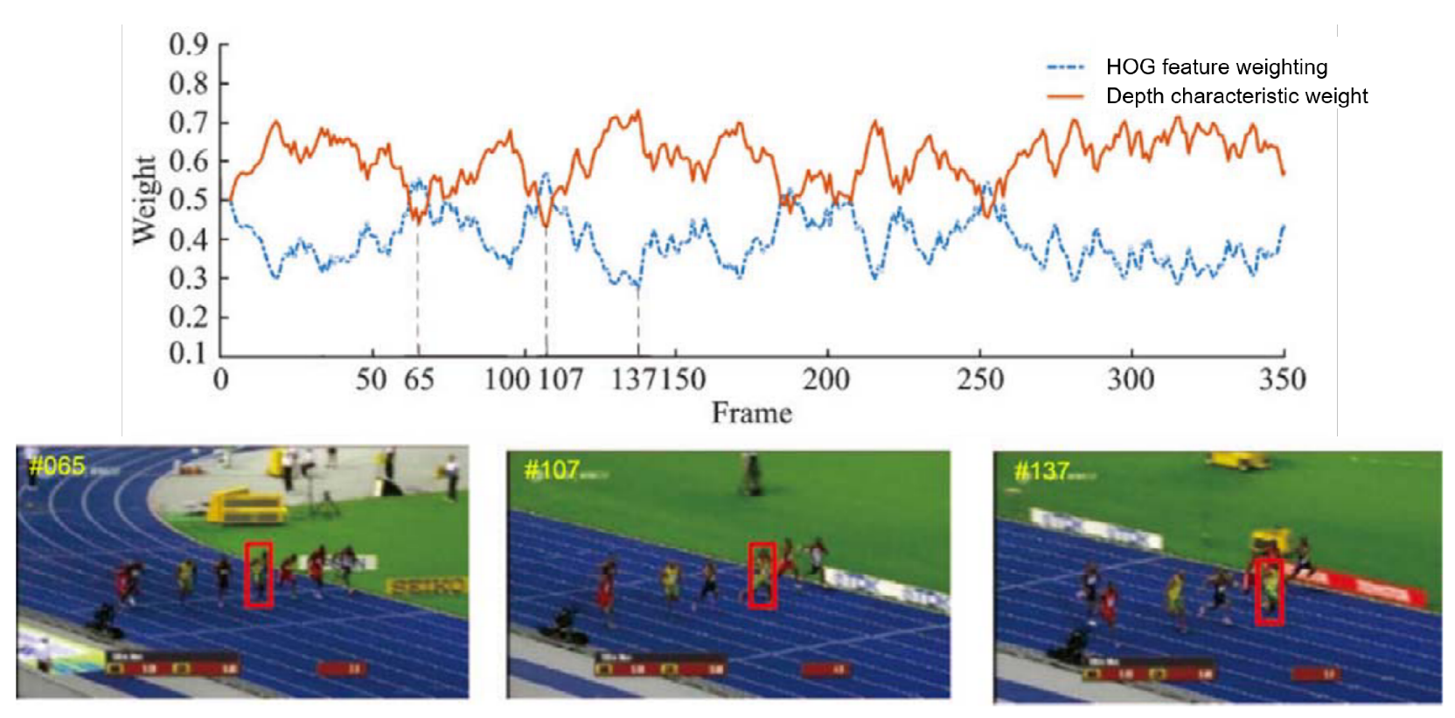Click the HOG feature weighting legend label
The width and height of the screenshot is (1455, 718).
1215,67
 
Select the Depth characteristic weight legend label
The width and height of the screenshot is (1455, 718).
1236,96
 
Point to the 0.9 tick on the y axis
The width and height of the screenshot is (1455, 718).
188,44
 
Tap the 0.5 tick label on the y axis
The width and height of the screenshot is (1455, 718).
188,199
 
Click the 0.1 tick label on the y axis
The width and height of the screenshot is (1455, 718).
188,352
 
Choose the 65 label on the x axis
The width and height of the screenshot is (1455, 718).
419,380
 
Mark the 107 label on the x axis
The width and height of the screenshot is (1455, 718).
560,380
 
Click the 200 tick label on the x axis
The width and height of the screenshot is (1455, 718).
826,380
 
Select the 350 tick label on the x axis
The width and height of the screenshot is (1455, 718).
1282,380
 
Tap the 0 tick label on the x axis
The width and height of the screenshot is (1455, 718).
221,380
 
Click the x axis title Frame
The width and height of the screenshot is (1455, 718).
752,413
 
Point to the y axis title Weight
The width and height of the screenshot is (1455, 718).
144,199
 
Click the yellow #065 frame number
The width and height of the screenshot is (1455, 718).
57,465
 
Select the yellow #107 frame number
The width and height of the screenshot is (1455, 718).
551,471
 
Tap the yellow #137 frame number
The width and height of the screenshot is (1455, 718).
1041,471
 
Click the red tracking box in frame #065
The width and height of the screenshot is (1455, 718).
259,575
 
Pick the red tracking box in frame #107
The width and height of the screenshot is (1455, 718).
762,575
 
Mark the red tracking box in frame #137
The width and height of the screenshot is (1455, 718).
1269,591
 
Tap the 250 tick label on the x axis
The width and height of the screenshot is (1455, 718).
980,380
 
